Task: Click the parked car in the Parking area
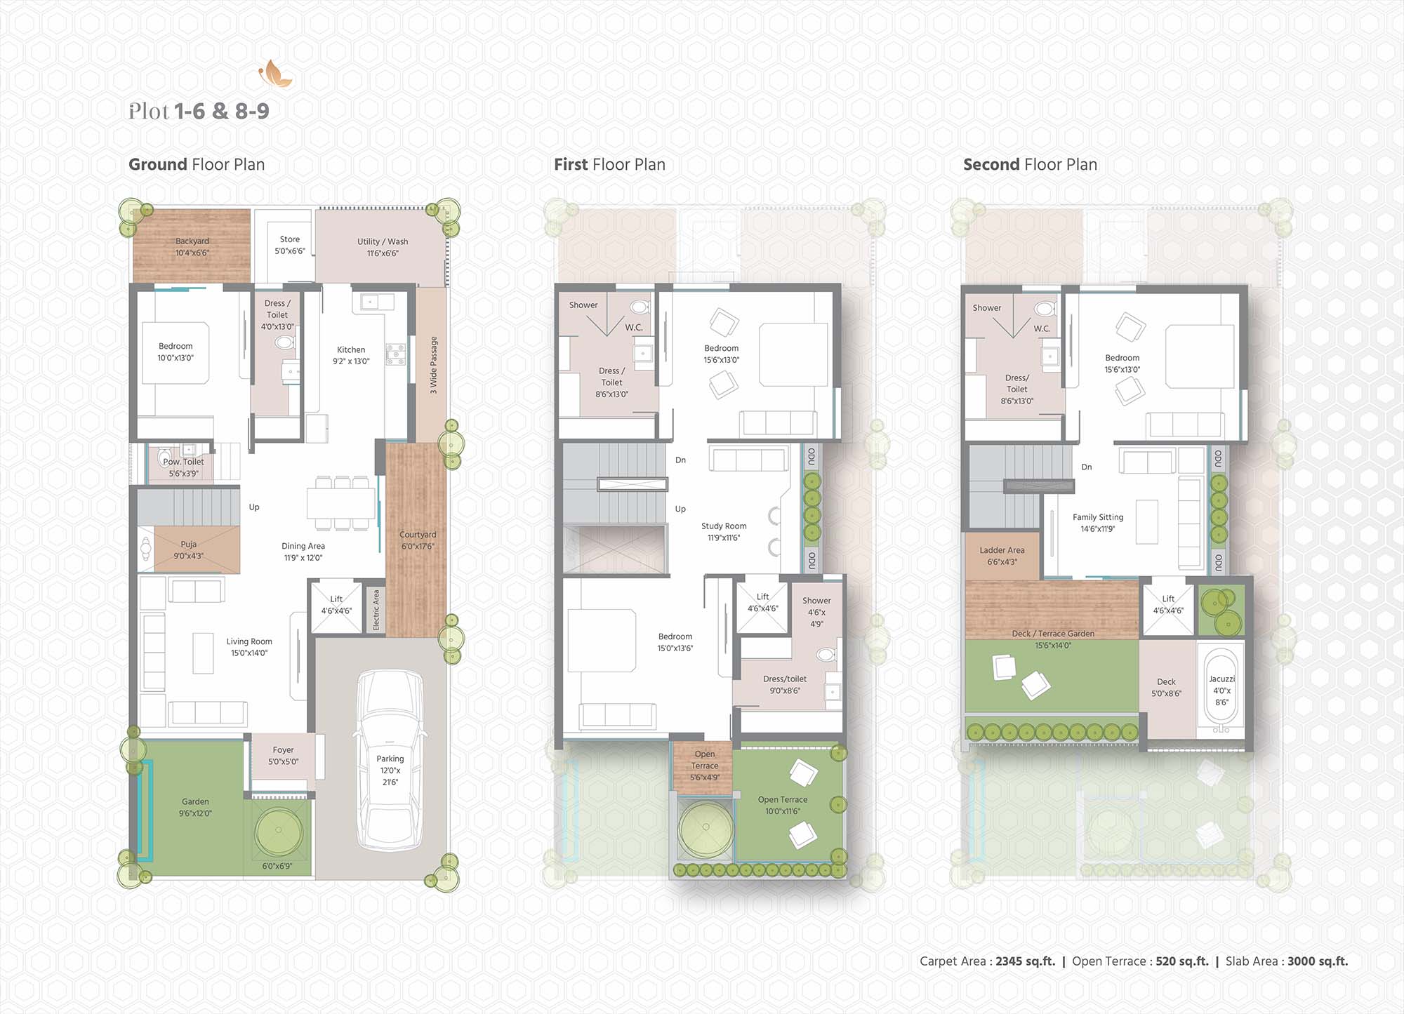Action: click(390, 760)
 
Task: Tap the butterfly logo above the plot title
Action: click(275, 74)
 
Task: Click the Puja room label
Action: click(188, 544)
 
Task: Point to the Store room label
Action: click(290, 239)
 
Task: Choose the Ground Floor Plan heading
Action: click(197, 165)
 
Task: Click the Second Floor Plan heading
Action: click(1030, 165)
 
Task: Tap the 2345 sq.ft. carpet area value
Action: click(1025, 961)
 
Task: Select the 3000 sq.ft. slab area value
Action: click(1318, 961)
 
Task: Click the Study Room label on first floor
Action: click(724, 526)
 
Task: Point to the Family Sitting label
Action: click(1098, 517)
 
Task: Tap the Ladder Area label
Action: click(1002, 550)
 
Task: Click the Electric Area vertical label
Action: click(376, 609)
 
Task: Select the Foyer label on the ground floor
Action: click(284, 750)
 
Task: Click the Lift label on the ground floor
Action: click(336, 599)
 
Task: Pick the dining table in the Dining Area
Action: click(341, 503)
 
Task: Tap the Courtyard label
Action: click(418, 535)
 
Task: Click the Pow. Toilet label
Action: click(183, 462)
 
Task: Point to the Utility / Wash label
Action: click(383, 241)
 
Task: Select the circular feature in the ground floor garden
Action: click(279, 830)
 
